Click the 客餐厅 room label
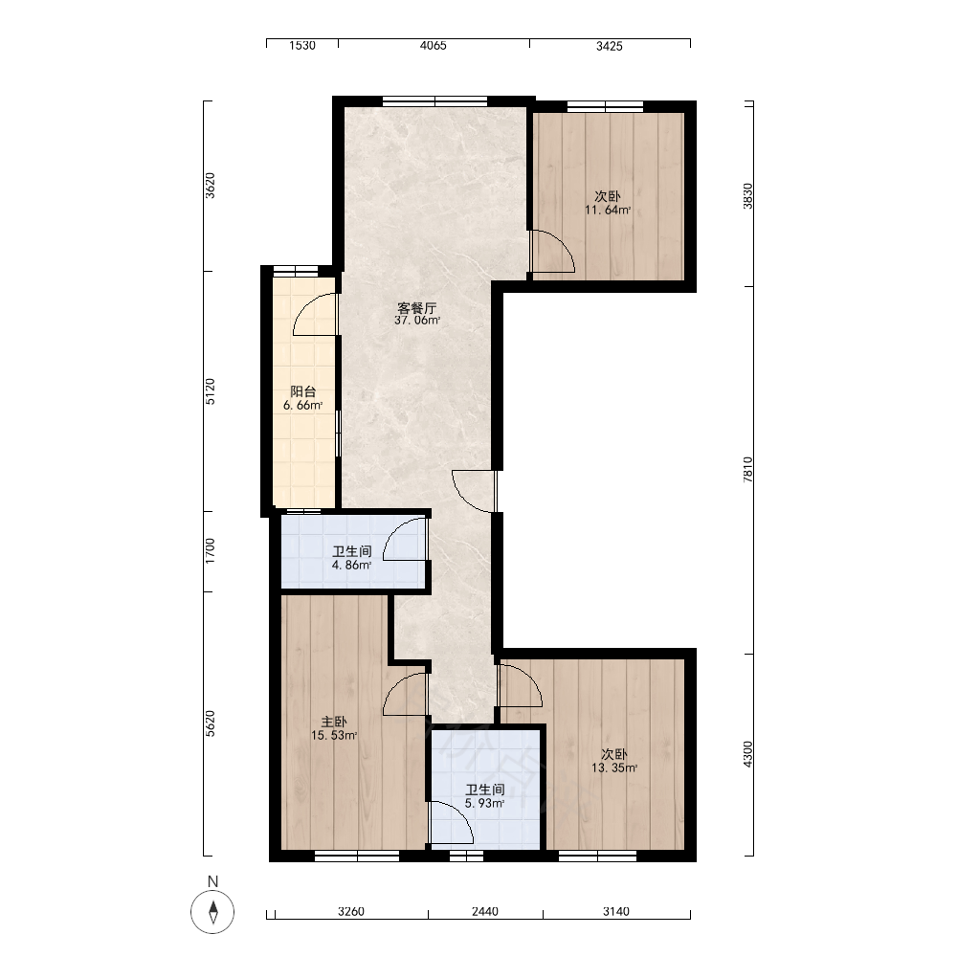pyautogui.click(x=417, y=307)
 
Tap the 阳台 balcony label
pyautogui.click(x=302, y=391)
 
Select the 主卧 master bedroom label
pyautogui.click(x=334, y=722)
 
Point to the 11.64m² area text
pyautogui.click(x=608, y=211)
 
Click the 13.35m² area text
pyautogui.click(x=614, y=768)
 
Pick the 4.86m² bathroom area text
pyautogui.click(x=351, y=566)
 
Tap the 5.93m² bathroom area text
pyautogui.click(x=484, y=804)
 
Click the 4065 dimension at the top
pyautogui.click(x=434, y=46)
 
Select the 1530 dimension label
pyautogui.click(x=302, y=46)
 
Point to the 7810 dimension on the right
pyautogui.click(x=747, y=470)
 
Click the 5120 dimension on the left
pyautogui.click(x=210, y=391)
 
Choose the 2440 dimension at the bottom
pyautogui.click(x=485, y=912)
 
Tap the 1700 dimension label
pyautogui.click(x=210, y=551)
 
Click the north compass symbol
pyautogui.click(x=212, y=912)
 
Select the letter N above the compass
pyautogui.click(x=212, y=881)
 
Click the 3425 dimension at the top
pyautogui.click(x=609, y=46)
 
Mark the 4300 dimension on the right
pyautogui.click(x=747, y=754)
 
